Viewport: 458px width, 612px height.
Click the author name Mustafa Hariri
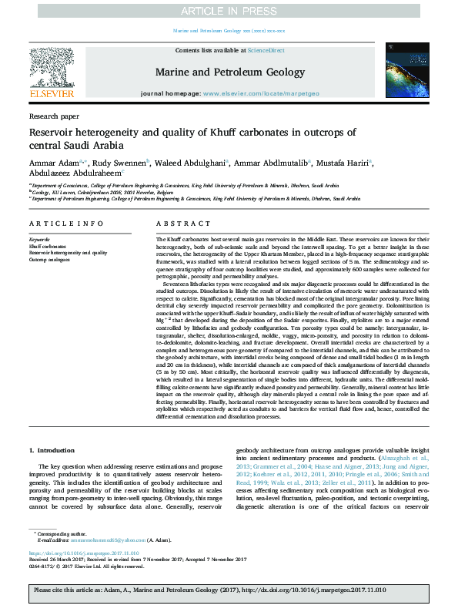point(344,163)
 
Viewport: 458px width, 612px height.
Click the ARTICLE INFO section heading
point(66,224)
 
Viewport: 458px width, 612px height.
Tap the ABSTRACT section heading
point(172,224)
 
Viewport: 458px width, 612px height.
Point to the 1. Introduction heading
point(52,449)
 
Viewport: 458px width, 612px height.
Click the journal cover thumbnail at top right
point(407,72)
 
